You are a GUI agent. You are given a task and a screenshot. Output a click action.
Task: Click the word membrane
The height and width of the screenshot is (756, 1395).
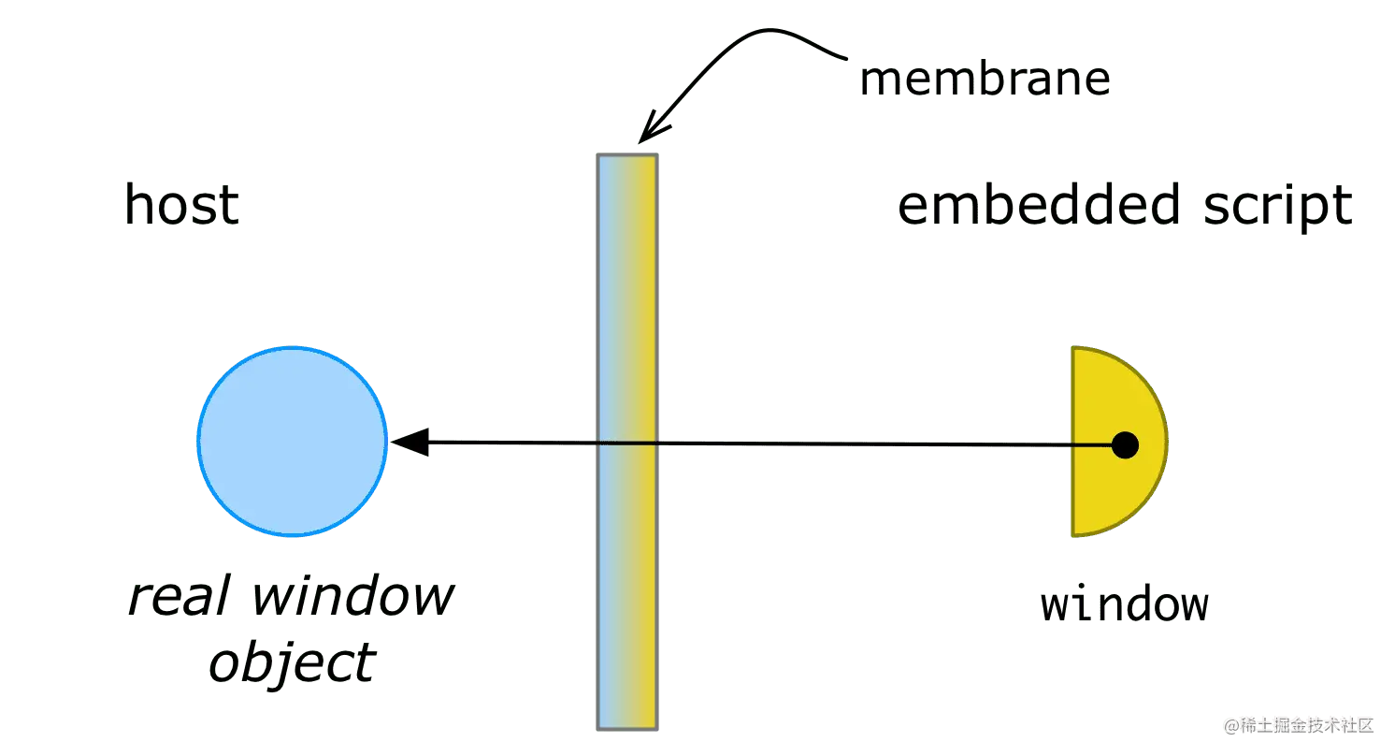[x=986, y=81]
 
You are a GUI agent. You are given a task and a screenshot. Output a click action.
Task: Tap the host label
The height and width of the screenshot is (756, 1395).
[x=182, y=205]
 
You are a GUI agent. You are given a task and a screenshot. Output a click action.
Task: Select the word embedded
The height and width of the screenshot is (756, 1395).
[x=1023, y=205]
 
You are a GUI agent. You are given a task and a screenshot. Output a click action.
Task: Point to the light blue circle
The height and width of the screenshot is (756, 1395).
[x=293, y=441]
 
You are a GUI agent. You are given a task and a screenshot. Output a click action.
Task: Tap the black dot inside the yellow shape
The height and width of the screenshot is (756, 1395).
[x=1125, y=445]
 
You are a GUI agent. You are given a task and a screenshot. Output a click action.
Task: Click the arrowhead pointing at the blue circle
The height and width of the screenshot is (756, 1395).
[x=411, y=441]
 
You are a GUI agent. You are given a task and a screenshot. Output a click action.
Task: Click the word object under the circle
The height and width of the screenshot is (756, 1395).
[x=292, y=663]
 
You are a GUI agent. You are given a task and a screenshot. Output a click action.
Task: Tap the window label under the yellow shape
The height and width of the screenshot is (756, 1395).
[x=1125, y=605]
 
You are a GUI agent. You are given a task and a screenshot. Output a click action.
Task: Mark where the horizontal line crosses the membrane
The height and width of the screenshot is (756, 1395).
[x=628, y=443]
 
